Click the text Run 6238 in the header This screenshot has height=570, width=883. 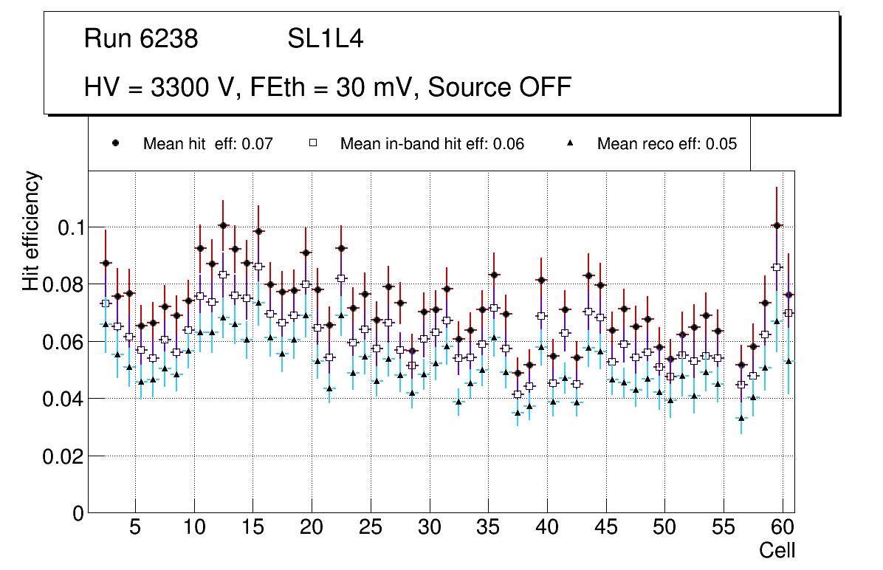pyautogui.click(x=141, y=39)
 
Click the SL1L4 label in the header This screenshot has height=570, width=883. pyautogui.click(x=326, y=39)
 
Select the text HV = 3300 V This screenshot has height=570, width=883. pyautogui.click(x=159, y=87)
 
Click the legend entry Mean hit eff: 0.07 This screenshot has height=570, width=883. pyautogui.click(x=208, y=144)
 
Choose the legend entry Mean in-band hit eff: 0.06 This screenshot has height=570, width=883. pyautogui.click(x=432, y=144)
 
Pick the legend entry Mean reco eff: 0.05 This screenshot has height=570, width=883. pyautogui.click(x=667, y=144)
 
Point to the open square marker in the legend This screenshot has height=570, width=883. pyautogui.click(x=312, y=143)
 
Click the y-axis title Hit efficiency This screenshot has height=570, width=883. pyautogui.click(x=32, y=231)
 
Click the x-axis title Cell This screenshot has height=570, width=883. pyautogui.click(x=777, y=550)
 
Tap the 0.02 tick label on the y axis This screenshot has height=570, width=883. pyautogui.click(x=63, y=457)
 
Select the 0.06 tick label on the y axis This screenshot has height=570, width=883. pyautogui.click(x=63, y=342)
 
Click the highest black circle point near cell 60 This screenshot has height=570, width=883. pyautogui.click(x=777, y=225)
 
